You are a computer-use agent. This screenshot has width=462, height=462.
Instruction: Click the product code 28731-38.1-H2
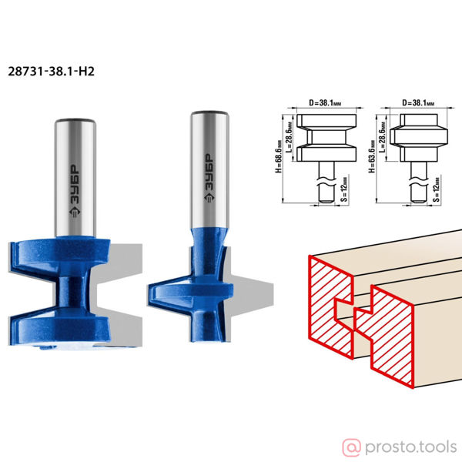pyautogui.click(x=51, y=72)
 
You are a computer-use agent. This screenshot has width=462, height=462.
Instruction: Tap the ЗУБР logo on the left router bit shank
pyautogui.click(x=75, y=191)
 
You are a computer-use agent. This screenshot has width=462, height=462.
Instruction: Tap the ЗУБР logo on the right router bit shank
pyautogui.click(x=209, y=178)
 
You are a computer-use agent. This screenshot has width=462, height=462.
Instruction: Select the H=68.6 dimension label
pyautogui.click(x=279, y=156)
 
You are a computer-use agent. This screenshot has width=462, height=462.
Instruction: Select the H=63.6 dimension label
pyautogui.click(x=372, y=156)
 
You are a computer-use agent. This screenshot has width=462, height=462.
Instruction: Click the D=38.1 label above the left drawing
pyautogui.click(x=325, y=103)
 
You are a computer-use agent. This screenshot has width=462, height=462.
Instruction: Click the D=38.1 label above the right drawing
pyautogui.click(x=418, y=103)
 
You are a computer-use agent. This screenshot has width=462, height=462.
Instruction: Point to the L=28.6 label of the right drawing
pyautogui.click(x=382, y=137)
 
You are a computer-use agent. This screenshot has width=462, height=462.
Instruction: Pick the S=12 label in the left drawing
pyautogui.click(x=344, y=189)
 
